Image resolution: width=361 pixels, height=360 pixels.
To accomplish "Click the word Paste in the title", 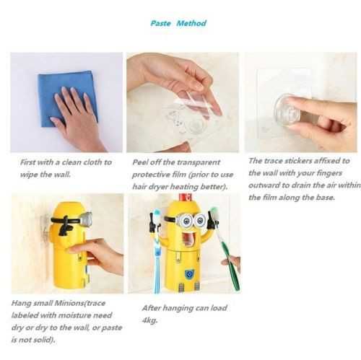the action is tap(160, 23).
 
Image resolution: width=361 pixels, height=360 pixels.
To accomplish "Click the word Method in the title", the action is tap(191, 23).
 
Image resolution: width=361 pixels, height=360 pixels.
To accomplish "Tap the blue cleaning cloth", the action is tap(68, 99).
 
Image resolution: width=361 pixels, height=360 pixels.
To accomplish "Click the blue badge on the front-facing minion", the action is tap(188, 274).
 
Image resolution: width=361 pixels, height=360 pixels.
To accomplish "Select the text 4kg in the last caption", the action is tap(149, 320).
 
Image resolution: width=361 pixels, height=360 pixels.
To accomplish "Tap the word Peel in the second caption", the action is tap(140, 162).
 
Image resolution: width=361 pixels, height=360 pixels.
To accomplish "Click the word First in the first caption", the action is tap(27, 162).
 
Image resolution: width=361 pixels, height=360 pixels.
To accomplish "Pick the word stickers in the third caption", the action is tap(298, 161).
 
